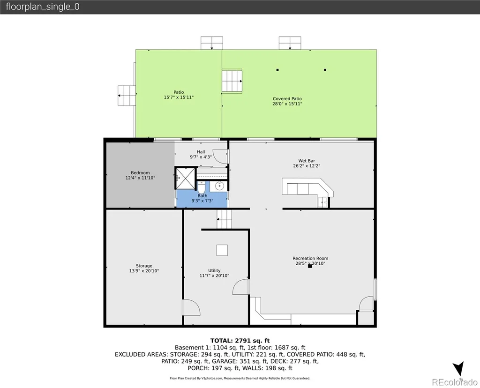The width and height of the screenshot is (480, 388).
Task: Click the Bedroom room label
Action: [x=140, y=172]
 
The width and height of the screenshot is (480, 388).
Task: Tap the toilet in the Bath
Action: [x=201, y=187]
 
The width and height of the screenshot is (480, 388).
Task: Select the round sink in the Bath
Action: [x=219, y=186]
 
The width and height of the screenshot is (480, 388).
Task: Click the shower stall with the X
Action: [x=185, y=178]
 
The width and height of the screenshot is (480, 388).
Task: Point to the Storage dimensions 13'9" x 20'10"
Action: [x=144, y=271]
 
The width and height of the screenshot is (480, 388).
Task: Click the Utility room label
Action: [x=214, y=270]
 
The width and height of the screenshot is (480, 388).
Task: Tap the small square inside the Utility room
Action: [x=222, y=250]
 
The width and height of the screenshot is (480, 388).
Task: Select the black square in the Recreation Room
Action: [x=310, y=266]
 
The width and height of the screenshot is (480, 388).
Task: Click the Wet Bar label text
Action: [x=307, y=161]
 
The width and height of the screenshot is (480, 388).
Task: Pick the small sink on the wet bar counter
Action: [x=323, y=202]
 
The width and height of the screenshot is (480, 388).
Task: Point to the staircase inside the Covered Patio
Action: [x=232, y=81]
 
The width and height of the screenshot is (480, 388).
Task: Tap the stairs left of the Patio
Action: [x=127, y=96]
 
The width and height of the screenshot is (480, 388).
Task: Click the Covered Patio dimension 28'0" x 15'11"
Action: [x=287, y=104]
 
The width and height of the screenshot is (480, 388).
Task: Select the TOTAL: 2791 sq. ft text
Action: [x=240, y=341]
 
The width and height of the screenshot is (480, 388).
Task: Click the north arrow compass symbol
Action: [x=458, y=369]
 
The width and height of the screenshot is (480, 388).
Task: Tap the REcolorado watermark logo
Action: [x=455, y=382]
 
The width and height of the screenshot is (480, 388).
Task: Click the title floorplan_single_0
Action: [x=43, y=7]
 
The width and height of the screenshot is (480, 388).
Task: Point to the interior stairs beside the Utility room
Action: [x=225, y=219]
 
